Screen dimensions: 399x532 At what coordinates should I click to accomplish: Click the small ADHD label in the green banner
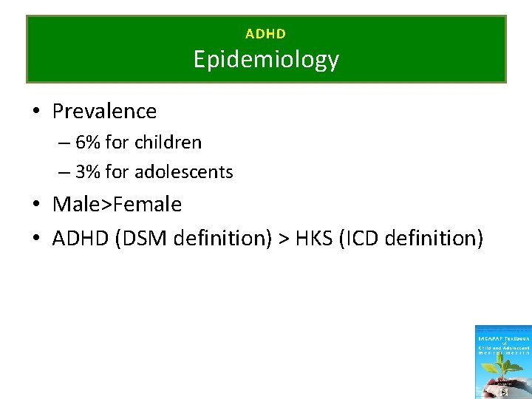[265, 34]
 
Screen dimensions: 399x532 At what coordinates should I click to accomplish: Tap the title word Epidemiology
[266, 59]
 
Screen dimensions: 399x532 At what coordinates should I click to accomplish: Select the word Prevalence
[104, 112]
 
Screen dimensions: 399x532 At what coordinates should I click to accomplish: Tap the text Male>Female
[117, 204]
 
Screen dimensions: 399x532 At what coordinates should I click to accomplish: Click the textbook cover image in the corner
[502, 362]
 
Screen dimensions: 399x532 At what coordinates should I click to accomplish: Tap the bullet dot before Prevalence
[35, 112]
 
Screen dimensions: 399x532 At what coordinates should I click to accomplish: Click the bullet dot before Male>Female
[35, 205]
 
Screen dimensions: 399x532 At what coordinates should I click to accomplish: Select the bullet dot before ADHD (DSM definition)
[35, 239]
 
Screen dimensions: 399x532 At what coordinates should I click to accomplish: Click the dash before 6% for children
[64, 142]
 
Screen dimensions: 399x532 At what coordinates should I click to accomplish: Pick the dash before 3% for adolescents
[64, 172]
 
